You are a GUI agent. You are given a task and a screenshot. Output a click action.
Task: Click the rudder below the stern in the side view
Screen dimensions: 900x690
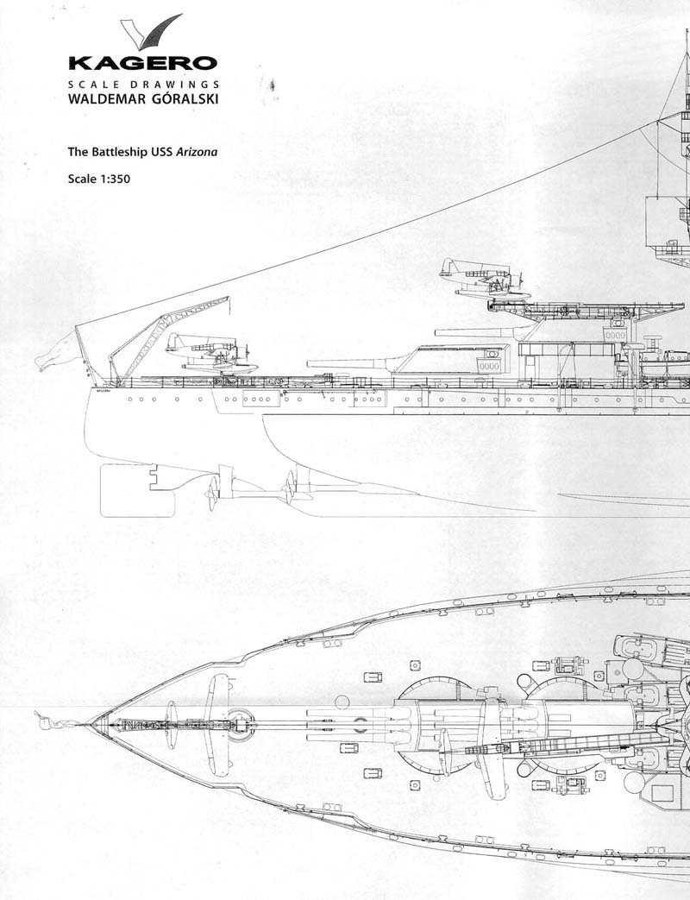click(x=137, y=489)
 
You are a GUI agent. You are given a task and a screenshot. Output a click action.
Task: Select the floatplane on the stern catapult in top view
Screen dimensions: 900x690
click(x=219, y=723)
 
